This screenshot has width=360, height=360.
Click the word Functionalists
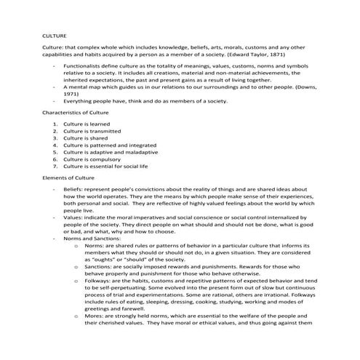pos(82,66)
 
